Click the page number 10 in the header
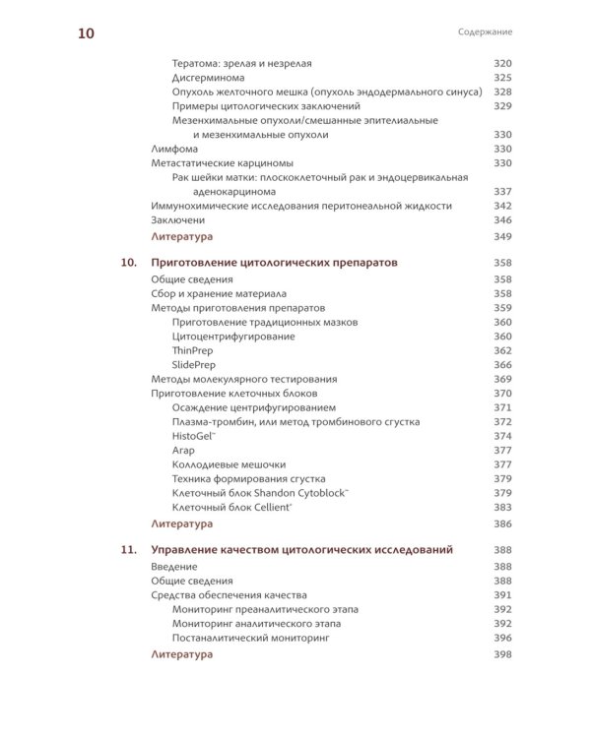[86, 33]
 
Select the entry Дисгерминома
[208, 78]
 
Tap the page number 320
[502, 64]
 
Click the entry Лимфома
[172, 148]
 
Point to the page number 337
[502, 191]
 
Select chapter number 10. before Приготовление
[129, 264]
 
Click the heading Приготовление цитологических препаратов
[266, 264]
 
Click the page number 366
[502, 364]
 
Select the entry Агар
[184, 450]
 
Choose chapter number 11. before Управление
[129, 550]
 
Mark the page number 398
[502, 653]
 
